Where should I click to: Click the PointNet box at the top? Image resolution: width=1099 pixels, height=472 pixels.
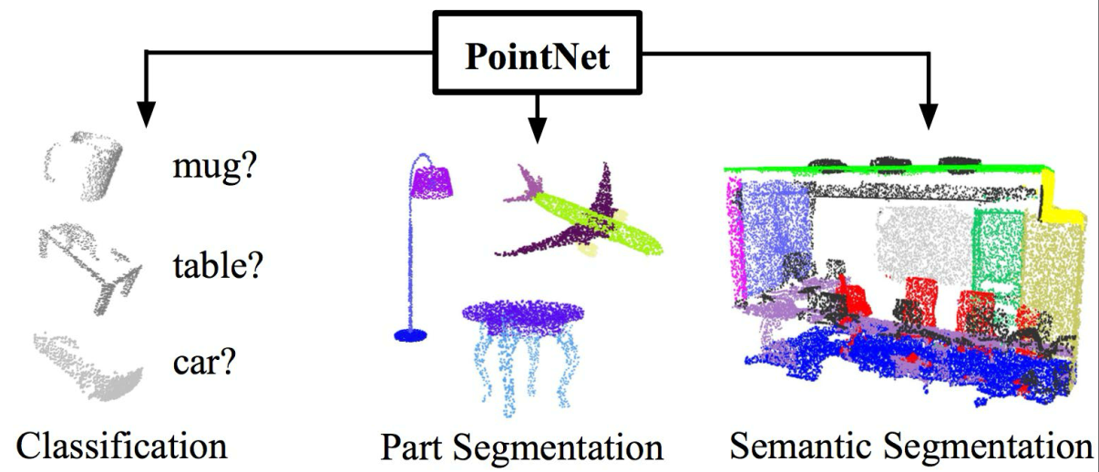[538, 53]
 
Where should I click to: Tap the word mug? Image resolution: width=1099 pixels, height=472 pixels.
[215, 166]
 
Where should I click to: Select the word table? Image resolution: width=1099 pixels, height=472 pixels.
[219, 264]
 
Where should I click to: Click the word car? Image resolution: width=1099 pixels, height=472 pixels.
[205, 363]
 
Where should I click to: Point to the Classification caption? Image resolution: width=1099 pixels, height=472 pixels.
[122, 446]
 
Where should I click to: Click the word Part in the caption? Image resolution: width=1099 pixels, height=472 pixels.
[412, 446]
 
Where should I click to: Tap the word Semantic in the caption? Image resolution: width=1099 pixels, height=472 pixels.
[800, 446]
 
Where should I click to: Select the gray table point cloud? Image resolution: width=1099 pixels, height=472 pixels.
[91, 267]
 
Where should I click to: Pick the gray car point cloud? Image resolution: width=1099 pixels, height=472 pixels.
[88, 365]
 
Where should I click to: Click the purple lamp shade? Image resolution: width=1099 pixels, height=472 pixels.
[431, 182]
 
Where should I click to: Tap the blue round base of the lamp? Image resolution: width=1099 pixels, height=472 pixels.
[410, 335]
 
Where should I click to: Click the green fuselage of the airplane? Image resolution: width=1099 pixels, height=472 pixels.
[596, 220]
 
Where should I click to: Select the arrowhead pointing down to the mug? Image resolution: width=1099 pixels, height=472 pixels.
[146, 114]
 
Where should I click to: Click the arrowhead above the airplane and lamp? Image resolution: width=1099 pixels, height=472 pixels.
[538, 129]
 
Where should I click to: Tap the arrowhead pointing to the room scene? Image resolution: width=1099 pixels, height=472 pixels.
[928, 117]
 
